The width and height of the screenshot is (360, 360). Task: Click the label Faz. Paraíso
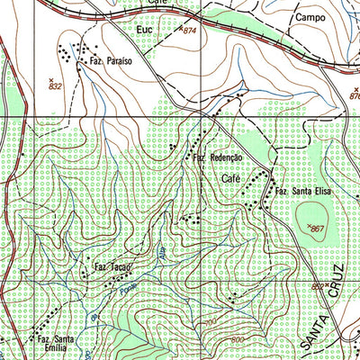click(112, 61)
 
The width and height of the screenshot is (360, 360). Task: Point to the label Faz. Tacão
click(111, 269)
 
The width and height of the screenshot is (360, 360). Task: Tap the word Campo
click(308, 17)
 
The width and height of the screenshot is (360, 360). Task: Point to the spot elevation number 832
click(55, 86)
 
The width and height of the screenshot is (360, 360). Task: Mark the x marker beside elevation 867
click(308, 225)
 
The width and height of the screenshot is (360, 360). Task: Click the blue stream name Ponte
click(130, 286)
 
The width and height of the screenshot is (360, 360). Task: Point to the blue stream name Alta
click(164, 256)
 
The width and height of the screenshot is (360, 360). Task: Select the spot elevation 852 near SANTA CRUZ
click(318, 286)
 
